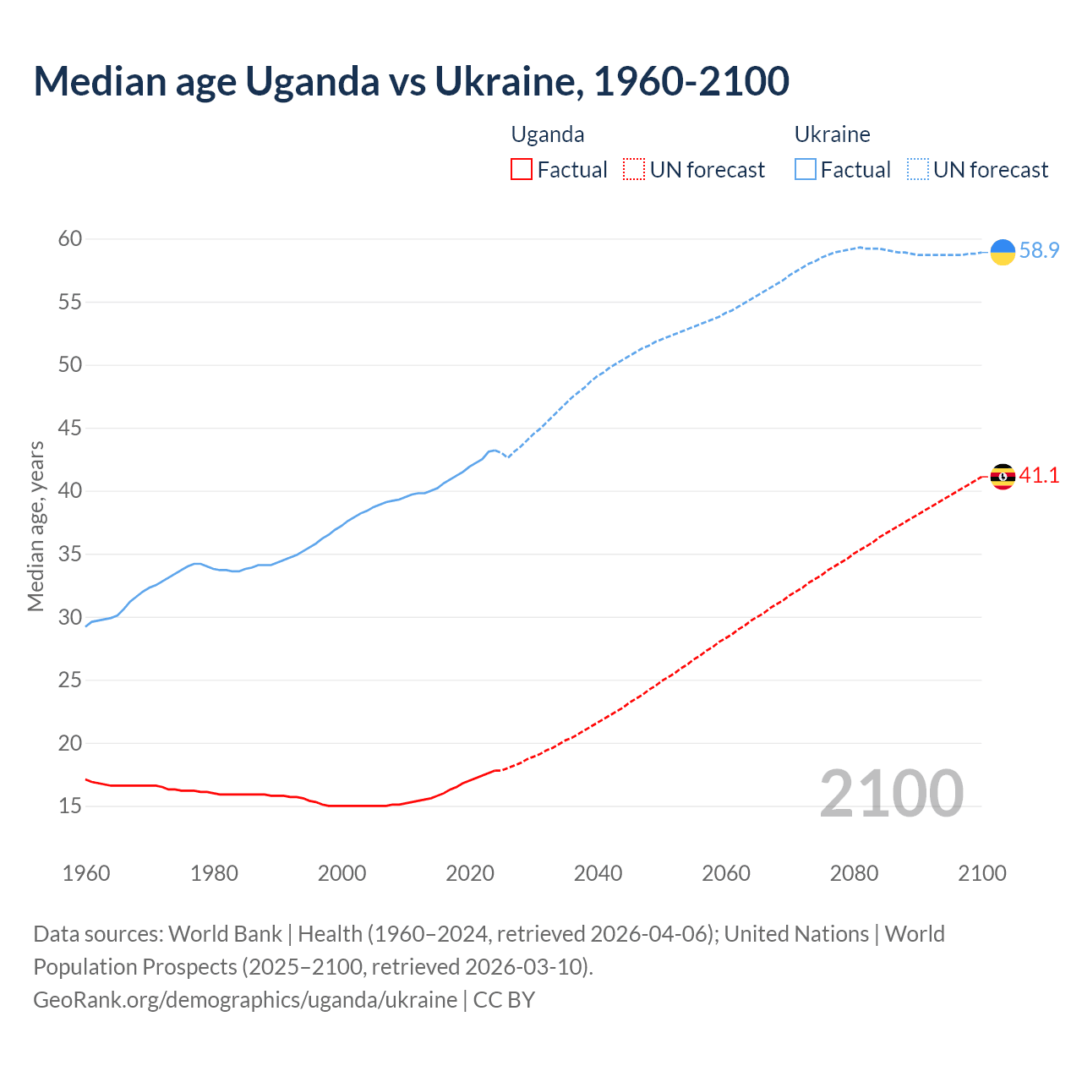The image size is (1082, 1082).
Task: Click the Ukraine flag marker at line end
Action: [x=1003, y=251]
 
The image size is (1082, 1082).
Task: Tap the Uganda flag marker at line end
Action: [x=1003, y=477]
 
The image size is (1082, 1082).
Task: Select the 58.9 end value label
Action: [x=1039, y=251]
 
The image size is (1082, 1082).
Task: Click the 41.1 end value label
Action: [x=1039, y=476]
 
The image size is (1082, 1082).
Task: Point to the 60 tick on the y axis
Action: [x=70, y=239]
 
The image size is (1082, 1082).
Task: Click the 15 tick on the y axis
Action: [x=70, y=806]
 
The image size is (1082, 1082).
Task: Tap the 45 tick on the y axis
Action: [x=70, y=429]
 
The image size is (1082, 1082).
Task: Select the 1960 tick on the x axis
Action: [x=86, y=873]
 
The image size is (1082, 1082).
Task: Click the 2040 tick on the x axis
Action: [x=598, y=873]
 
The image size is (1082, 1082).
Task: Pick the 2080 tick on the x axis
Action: [x=854, y=873]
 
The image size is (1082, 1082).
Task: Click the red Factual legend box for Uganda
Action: [x=522, y=170]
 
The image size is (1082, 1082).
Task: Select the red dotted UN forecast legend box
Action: [x=634, y=170]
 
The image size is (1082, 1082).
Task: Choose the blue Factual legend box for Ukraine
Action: [x=805, y=170]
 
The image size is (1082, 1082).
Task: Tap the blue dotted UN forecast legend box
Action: [x=917, y=170]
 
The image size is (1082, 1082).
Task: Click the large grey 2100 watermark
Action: [x=891, y=794]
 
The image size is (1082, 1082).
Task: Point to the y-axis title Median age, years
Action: [x=36, y=526]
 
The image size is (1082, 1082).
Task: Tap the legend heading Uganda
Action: [x=548, y=134]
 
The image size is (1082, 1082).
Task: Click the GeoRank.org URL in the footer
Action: [x=245, y=1000]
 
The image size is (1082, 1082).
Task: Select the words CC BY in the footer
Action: [x=504, y=1000]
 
